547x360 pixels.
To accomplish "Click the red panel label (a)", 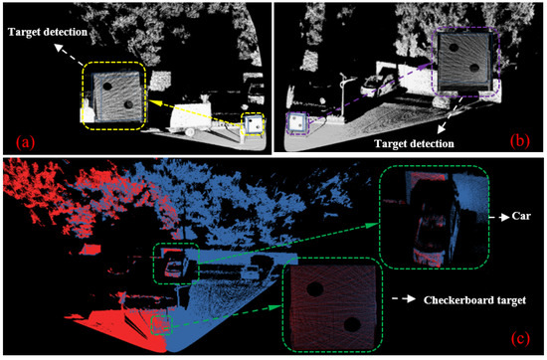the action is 26,142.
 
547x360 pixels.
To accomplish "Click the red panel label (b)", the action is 520,140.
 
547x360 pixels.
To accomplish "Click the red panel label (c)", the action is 520,338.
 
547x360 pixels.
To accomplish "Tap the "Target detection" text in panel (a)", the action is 48,32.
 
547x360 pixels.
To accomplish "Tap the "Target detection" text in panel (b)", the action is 414,144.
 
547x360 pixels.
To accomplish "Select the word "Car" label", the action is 521,216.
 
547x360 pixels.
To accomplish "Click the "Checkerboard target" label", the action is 474,300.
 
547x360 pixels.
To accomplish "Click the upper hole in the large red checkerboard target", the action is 315,289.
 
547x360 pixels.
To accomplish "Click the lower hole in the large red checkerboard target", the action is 352,324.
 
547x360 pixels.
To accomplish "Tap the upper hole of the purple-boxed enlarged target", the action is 454,48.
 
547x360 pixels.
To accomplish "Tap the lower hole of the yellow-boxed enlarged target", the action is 128,104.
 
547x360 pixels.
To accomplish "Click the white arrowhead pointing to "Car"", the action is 505,217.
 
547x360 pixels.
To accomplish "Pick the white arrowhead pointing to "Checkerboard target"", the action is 411,299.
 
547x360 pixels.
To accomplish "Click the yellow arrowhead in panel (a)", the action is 152,101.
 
